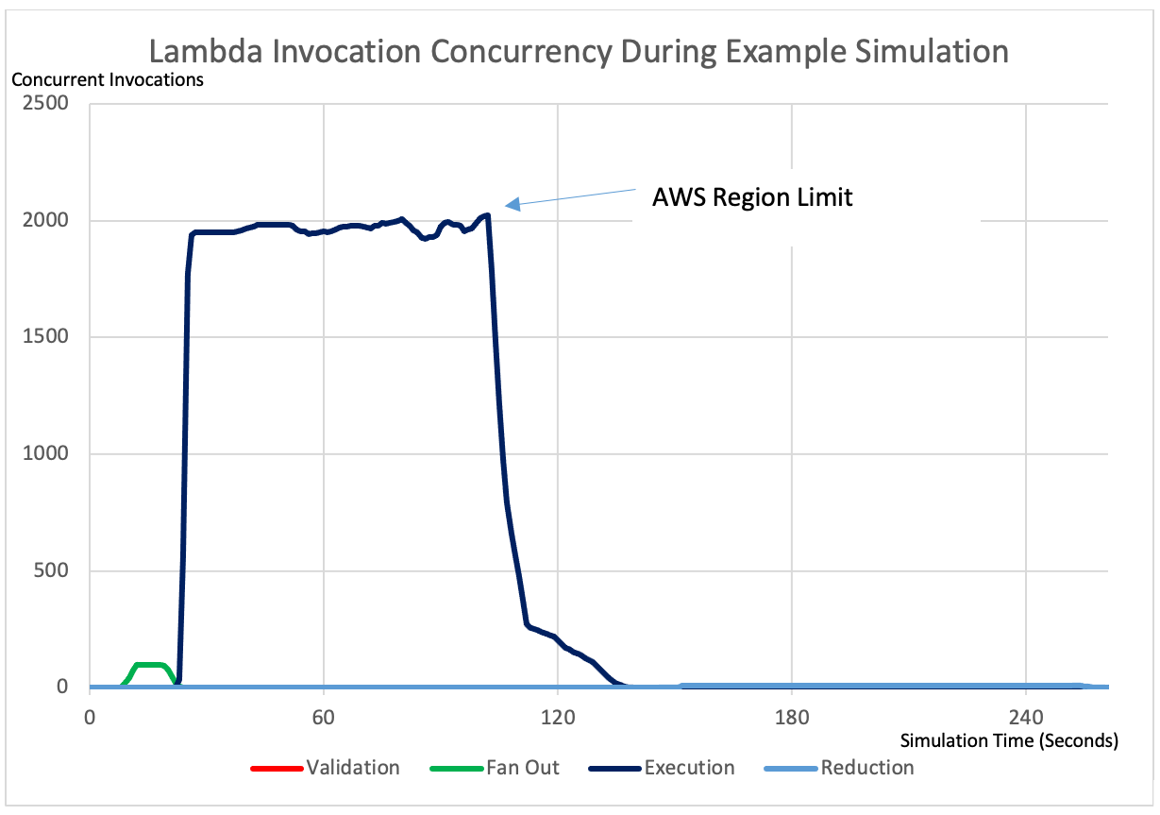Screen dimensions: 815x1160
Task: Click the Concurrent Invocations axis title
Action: point(108,80)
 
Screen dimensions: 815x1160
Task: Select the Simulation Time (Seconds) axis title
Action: point(1008,739)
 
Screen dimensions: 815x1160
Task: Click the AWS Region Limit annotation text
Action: point(752,197)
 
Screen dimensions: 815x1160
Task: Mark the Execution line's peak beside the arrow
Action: point(486,215)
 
